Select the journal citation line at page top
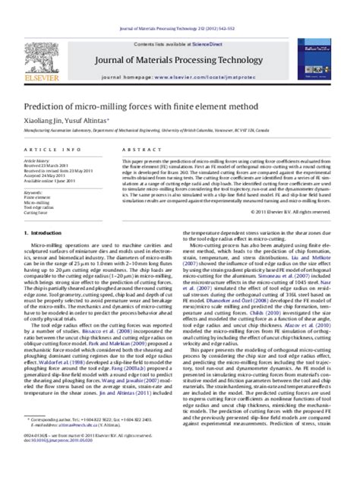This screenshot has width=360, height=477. [x=179, y=6]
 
